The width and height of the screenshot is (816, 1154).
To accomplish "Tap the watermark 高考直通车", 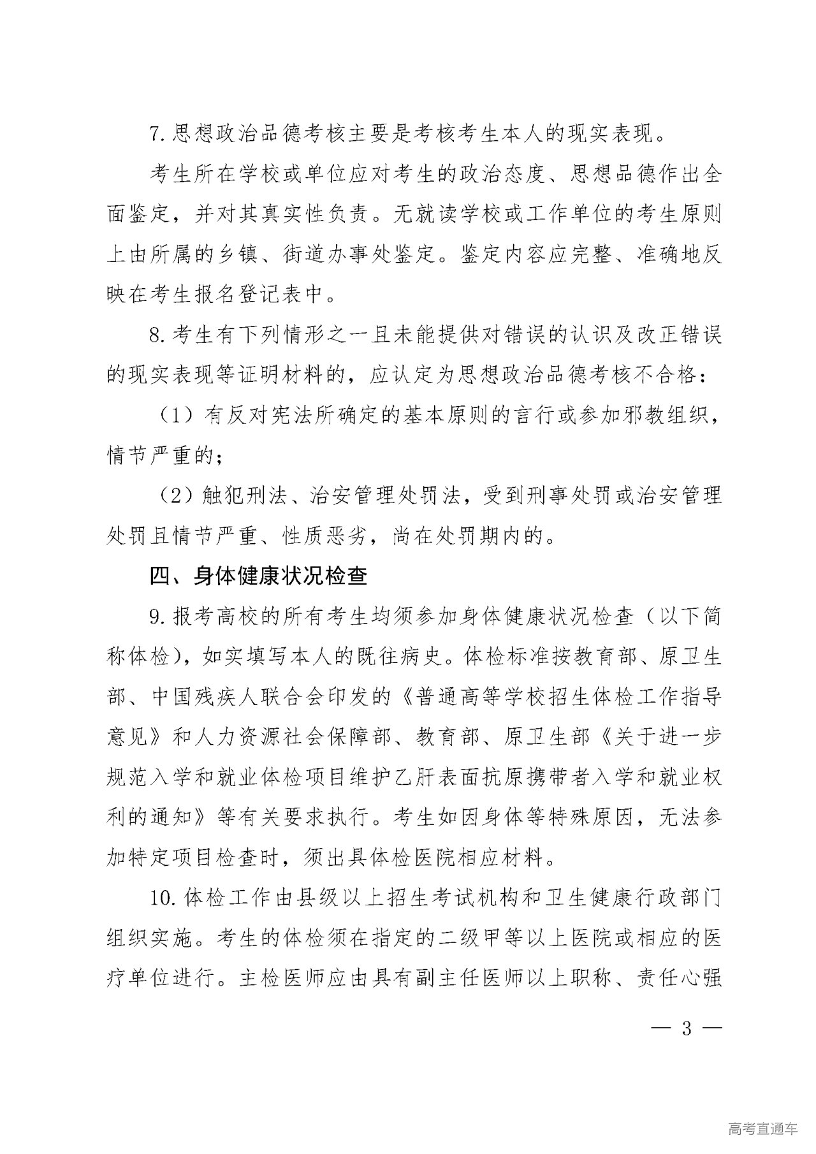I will (762, 1128).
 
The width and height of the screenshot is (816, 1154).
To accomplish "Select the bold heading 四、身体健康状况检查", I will (258, 576).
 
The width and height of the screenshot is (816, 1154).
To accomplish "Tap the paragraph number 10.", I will (160, 899).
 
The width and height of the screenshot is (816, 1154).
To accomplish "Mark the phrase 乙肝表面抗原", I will (548, 778).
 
